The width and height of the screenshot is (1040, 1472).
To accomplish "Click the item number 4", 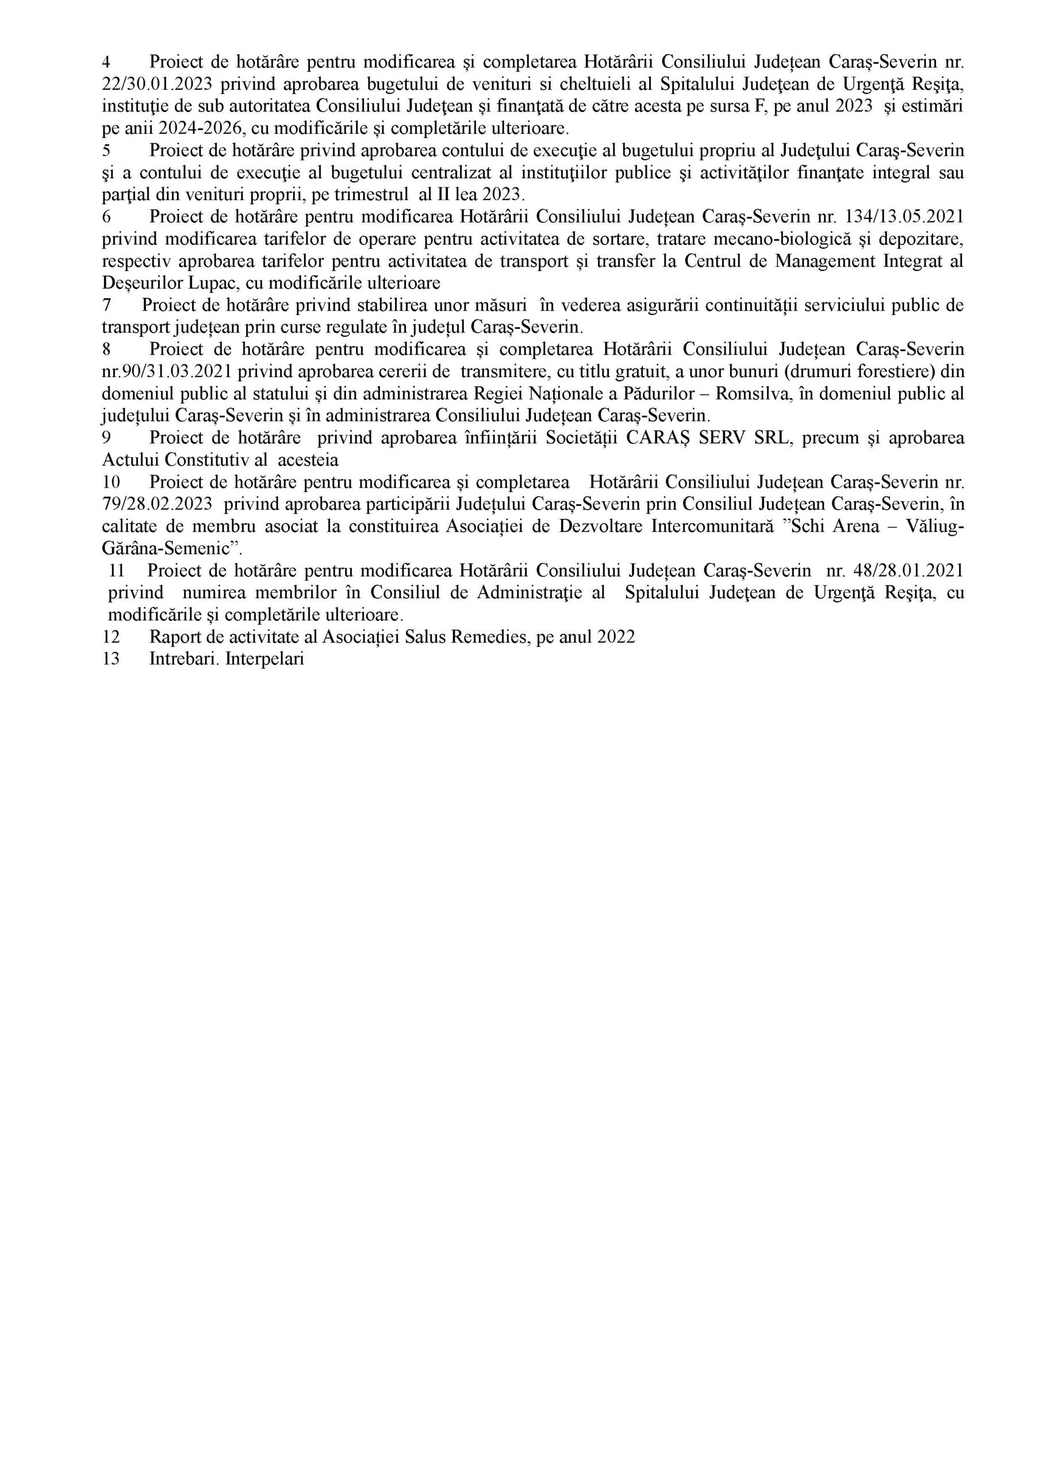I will pos(106,62).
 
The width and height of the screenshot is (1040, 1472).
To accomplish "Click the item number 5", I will pos(106,151).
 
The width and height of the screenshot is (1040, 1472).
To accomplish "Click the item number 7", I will pos(106,305).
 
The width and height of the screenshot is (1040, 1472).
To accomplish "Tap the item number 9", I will pos(106,439).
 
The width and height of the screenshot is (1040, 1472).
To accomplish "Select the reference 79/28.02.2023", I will pos(157,504).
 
